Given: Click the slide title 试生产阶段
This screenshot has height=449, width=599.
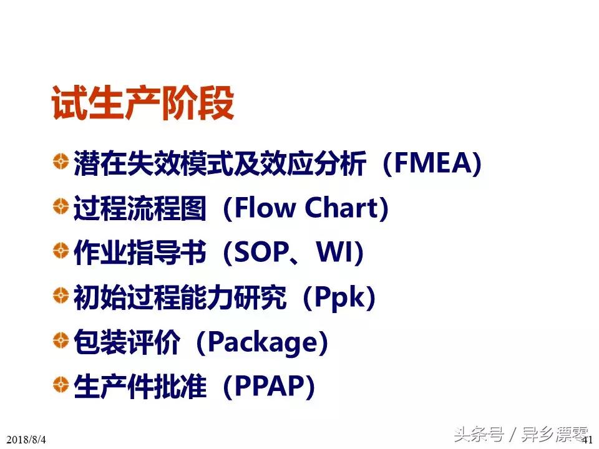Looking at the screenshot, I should pos(142,103).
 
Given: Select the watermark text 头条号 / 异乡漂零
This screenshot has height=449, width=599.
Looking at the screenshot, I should pos(521,433).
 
